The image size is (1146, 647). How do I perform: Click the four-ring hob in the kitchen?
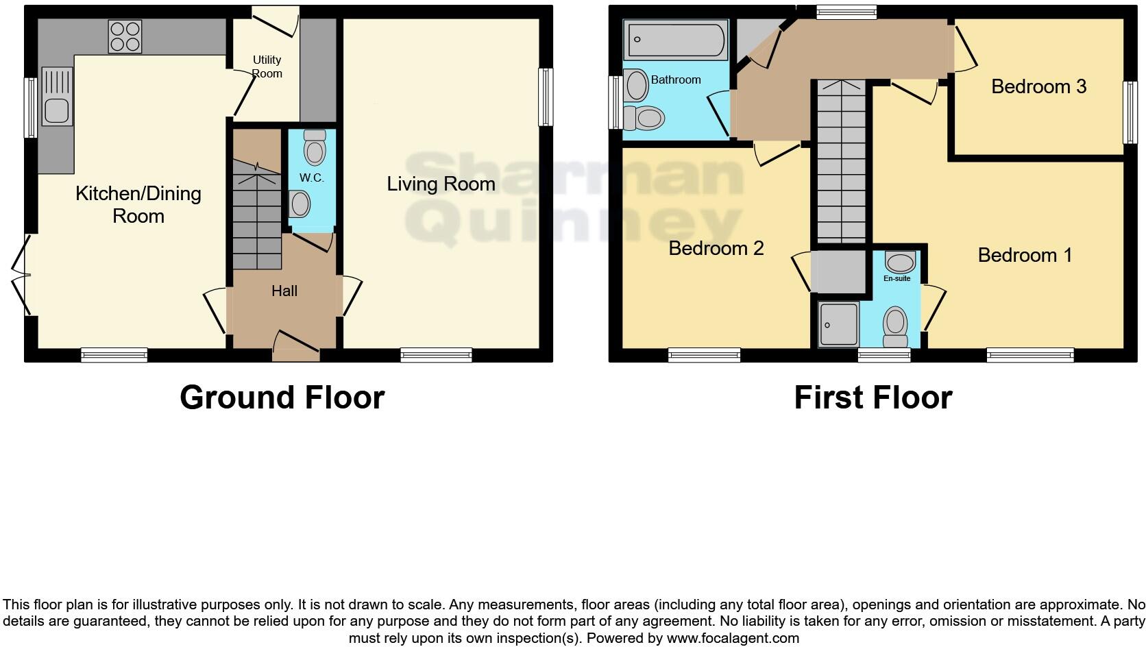[125, 36]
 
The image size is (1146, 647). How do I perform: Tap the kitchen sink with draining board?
[57, 96]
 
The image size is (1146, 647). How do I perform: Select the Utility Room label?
[267, 66]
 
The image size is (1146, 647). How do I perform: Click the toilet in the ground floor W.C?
[315, 147]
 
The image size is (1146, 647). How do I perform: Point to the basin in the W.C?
[300, 204]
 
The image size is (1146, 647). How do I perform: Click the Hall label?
[284, 291]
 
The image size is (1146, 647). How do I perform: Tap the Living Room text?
[441, 184]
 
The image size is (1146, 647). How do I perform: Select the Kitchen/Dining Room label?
[138, 204]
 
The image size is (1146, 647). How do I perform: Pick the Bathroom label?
[676, 80]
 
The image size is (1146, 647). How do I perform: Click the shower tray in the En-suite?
[838, 324]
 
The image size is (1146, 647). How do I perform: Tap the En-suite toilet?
[895, 327]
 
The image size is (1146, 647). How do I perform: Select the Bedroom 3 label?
[1038, 86]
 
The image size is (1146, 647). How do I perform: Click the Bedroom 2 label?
[716, 248]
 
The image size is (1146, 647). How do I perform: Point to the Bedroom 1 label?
[1025, 255]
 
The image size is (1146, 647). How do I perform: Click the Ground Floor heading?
[282, 398]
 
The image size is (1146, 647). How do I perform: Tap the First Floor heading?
[873, 398]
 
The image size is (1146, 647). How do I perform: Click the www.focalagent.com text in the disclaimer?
[732, 638]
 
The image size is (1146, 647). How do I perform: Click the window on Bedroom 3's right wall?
[1130, 112]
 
